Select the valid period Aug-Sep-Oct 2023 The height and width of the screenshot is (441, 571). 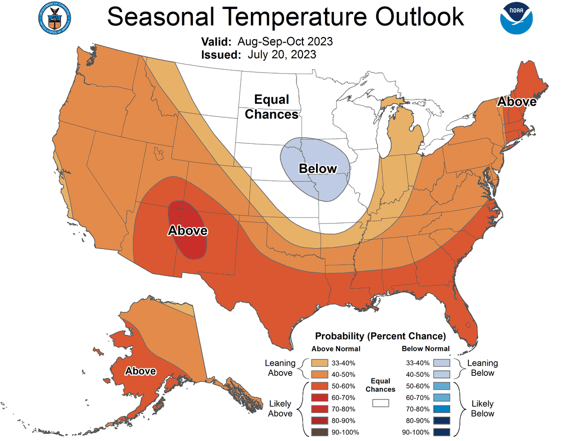point(285,41)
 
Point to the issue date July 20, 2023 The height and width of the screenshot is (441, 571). point(281,55)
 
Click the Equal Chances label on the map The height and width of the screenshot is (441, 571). point(271,107)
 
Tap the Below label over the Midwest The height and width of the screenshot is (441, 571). point(318,169)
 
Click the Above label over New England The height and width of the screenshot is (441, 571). point(516,102)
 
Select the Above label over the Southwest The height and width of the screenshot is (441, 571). point(187,231)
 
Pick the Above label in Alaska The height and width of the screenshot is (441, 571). point(140,371)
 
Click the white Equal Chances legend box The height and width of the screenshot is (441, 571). point(381,402)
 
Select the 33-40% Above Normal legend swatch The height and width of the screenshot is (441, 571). point(319,363)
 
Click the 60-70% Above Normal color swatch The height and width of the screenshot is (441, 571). point(319,397)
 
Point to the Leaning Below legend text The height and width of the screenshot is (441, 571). point(482,368)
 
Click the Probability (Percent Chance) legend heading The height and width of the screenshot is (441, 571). point(380,336)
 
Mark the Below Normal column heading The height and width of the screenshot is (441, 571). point(425,349)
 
